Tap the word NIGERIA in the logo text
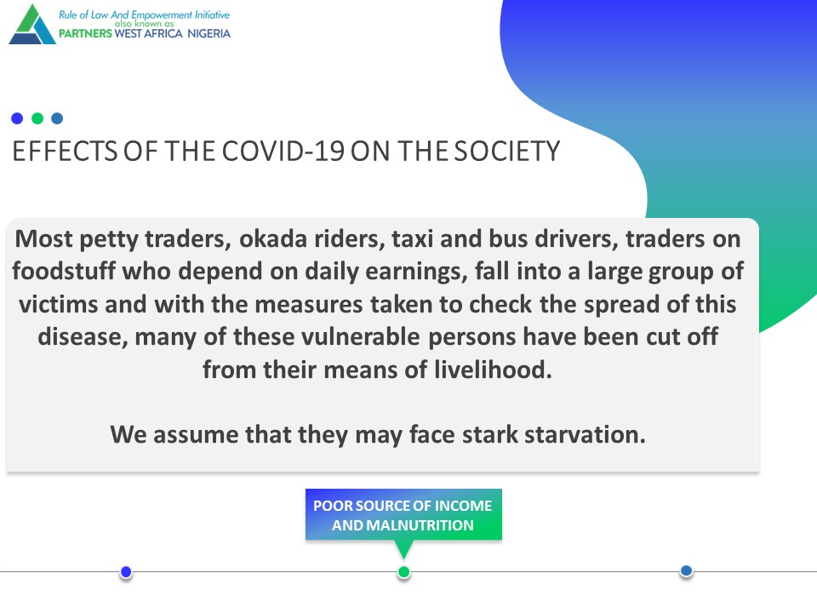coord(209,33)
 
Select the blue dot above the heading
coord(17,118)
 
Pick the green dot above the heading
coord(37,118)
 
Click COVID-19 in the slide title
coord(283,152)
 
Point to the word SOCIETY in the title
coord(506,152)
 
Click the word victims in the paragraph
coord(59,304)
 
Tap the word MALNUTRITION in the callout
coord(420,525)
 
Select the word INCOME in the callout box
coord(463,506)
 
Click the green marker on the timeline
coord(403,572)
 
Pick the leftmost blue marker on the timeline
coord(126,572)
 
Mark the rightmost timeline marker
coord(686,571)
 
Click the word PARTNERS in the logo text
coord(85,33)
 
